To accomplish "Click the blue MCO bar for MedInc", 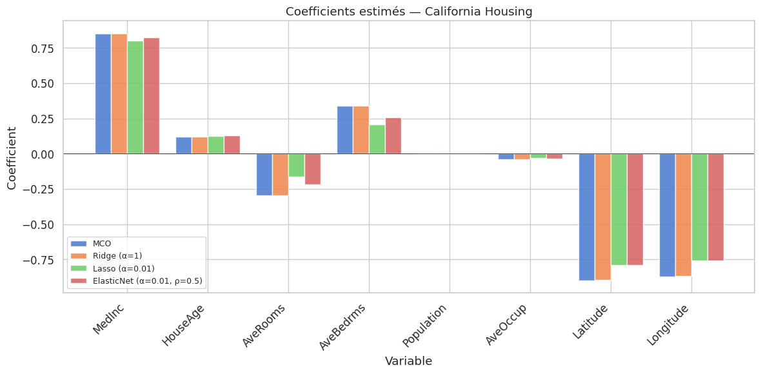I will click(103, 93).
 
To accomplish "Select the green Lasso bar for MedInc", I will click(135, 97).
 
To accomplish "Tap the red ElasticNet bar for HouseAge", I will click(232, 145).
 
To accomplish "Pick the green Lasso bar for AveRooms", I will click(297, 165).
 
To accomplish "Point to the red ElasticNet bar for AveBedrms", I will click(393, 136).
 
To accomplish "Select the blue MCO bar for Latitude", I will click(587, 217).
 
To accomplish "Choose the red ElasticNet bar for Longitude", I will click(716, 207).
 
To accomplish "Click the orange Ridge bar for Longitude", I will click(684, 215).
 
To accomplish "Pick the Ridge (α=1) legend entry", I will click(116, 256).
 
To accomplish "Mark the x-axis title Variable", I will click(408, 361).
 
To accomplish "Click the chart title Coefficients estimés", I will click(409, 11).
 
